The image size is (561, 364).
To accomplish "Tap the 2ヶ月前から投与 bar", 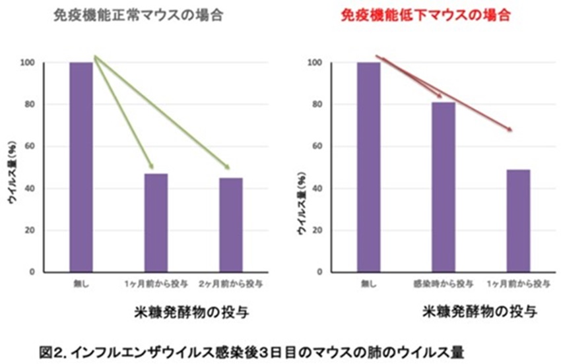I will pyautogui.click(x=230, y=225).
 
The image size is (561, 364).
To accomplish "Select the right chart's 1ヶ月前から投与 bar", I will pyautogui.click(x=518, y=220).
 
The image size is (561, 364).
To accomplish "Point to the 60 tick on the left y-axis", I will pyautogui.click(x=32, y=146).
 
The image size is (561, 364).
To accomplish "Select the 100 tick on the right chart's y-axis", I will pyautogui.click(x=315, y=63).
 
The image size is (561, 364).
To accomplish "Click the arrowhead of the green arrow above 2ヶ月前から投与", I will pyautogui.click(x=226, y=167).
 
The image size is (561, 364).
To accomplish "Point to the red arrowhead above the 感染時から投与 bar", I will pyautogui.click(x=439, y=98).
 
